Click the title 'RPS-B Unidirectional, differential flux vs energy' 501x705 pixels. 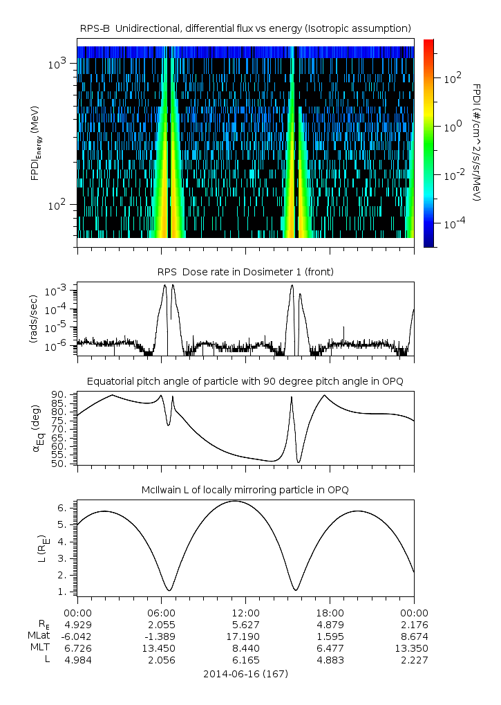[245, 28]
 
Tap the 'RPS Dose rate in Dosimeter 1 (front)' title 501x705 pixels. [245, 272]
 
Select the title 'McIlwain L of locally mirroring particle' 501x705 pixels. [245, 490]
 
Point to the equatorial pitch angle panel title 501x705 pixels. [245, 381]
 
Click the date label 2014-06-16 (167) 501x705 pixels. [245, 673]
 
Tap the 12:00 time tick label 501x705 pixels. [245, 612]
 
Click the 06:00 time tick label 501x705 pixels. [161, 612]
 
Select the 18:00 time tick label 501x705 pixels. [330, 612]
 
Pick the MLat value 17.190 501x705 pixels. [245, 636]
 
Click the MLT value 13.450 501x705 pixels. [161, 648]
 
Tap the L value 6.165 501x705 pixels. [245, 660]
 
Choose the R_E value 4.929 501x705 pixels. [77, 624]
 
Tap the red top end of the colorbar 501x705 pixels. [429, 42]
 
